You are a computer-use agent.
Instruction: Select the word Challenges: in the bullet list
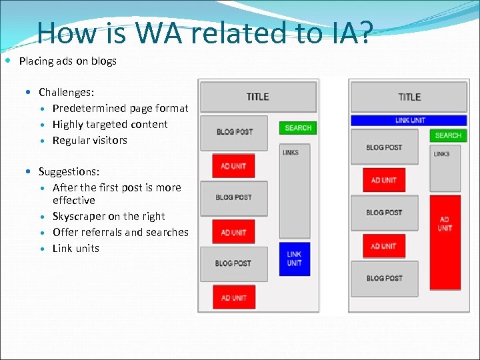click(x=66, y=92)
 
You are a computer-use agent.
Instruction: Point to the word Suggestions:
click(x=69, y=172)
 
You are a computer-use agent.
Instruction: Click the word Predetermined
click(x=89, y=108)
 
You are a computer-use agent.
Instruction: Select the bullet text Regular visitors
click(x=89, y=140)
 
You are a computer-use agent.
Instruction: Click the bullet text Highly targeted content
click(x=110, y=124)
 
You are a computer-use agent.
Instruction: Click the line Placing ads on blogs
click(x=67, y=61)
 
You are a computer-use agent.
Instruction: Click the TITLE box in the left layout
click(x=258, y=97)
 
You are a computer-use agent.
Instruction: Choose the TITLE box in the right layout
click(x=409, y=97)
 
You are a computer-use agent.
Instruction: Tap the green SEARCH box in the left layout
click(x=298, y=127)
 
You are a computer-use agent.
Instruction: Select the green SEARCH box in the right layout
click(x=448, y=135)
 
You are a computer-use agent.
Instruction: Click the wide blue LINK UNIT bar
click(x=409, y=121)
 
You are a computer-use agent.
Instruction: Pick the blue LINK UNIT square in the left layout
click(x=294, y=259)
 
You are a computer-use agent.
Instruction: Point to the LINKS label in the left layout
click(x=291, y=152)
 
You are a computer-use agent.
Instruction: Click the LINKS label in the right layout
click(x=441, y=154)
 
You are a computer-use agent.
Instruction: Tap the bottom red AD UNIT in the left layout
click(x=233, y=297)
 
